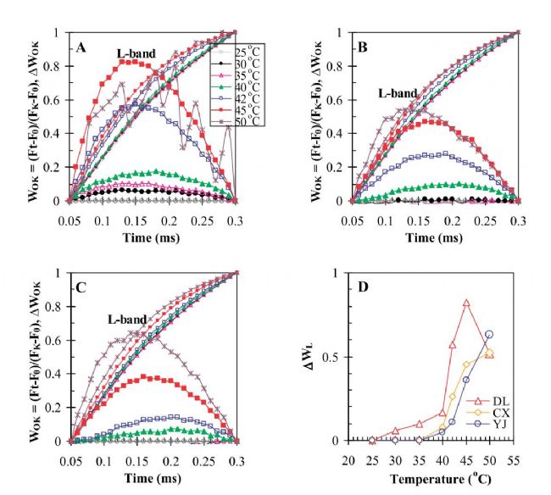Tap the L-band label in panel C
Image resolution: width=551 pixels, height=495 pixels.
(127, 320)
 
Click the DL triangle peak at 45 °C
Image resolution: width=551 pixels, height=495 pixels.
(466, 303)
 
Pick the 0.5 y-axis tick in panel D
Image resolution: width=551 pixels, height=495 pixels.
(329, 357)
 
